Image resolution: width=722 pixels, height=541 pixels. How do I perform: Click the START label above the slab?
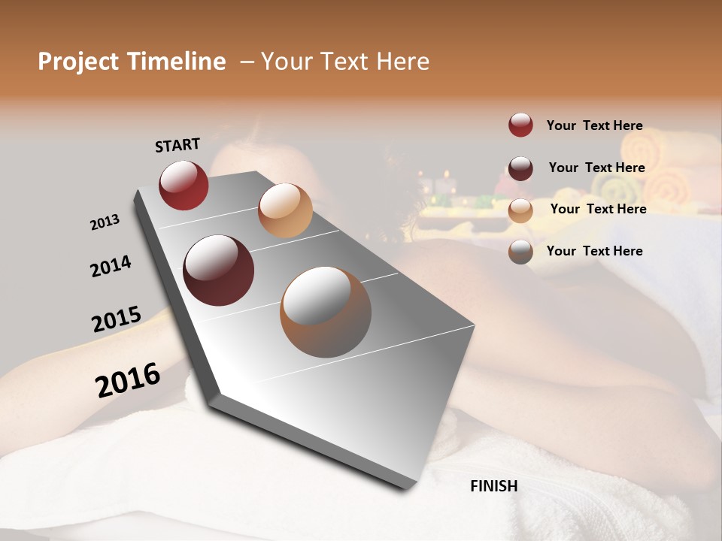click(x=177, y=144)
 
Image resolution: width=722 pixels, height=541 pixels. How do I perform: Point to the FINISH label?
click(x=494, y=486)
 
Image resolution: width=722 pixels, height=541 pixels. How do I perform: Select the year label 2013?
click(x=105, y=222)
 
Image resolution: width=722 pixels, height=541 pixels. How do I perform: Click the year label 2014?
click(x=111, y=266)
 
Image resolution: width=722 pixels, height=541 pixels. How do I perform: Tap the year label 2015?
click(x=117, y=319)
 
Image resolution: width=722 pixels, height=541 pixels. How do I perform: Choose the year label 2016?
click(x=128, y=379)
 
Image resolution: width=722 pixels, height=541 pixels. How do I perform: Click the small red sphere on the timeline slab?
click(x=184, y=185)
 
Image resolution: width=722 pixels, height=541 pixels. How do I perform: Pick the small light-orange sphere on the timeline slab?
click(x=285, y=210)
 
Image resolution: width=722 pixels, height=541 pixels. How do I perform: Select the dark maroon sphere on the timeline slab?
click(x=219, y=270)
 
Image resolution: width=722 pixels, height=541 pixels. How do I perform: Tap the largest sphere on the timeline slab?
click(x=326, y=312)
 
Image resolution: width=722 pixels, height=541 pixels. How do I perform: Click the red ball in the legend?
click(x=520, y=125)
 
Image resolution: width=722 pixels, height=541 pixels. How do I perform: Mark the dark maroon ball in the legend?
click(x=520, y=168)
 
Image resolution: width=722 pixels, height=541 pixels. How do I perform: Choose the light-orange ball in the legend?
click(x=520, y=210)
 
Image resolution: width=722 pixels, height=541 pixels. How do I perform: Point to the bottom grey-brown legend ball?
click(x=520, y=252)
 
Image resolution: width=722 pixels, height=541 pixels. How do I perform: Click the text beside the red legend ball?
click(x=594, y=125)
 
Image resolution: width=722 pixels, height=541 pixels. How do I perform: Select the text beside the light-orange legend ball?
click(x=598, y=209)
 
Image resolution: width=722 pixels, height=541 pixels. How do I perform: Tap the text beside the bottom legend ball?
click(x=594, y=251)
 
